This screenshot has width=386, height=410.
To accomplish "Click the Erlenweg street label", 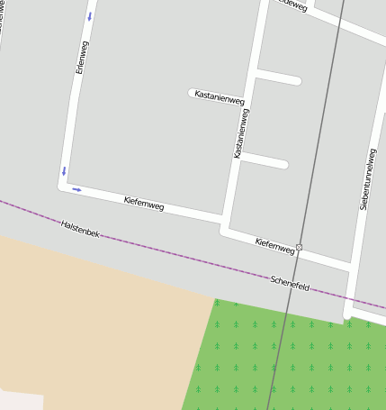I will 83,57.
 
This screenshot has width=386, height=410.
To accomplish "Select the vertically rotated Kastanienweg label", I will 240,133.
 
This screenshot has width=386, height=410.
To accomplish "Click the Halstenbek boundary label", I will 80,229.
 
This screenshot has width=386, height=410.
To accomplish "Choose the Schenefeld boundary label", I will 290,284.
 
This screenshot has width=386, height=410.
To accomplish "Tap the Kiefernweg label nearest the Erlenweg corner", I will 144,204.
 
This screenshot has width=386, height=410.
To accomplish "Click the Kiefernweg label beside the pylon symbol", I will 274,244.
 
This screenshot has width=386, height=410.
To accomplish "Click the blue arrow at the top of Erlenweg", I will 89,16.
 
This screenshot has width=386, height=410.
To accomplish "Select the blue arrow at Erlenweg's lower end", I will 64,170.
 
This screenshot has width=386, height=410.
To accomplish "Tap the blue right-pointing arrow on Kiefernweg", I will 76,189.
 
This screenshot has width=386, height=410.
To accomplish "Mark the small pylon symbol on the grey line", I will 299,247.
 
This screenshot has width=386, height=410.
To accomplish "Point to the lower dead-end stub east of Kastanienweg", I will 265,160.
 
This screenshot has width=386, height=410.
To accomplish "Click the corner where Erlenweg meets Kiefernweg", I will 63,186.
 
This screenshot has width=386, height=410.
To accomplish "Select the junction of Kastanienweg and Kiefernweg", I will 225,223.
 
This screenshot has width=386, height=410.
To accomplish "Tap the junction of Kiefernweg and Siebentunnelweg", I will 349,266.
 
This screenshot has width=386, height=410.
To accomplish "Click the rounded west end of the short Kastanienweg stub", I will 193,92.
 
